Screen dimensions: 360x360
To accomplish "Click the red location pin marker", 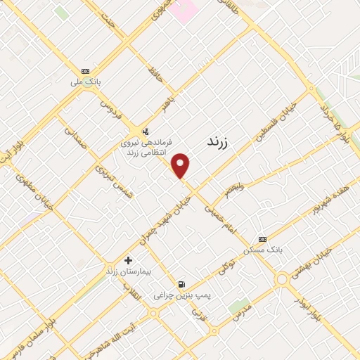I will pos(181,166).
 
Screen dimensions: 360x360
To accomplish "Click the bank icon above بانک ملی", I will pos(86,71).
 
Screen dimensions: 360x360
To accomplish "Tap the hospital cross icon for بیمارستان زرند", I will pos(128,260).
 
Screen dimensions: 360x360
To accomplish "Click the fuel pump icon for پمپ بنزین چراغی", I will pos(182,284).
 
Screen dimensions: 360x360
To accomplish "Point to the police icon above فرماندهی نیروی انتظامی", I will pos(145,131).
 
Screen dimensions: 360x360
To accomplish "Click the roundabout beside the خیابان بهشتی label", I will pos(282,278).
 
